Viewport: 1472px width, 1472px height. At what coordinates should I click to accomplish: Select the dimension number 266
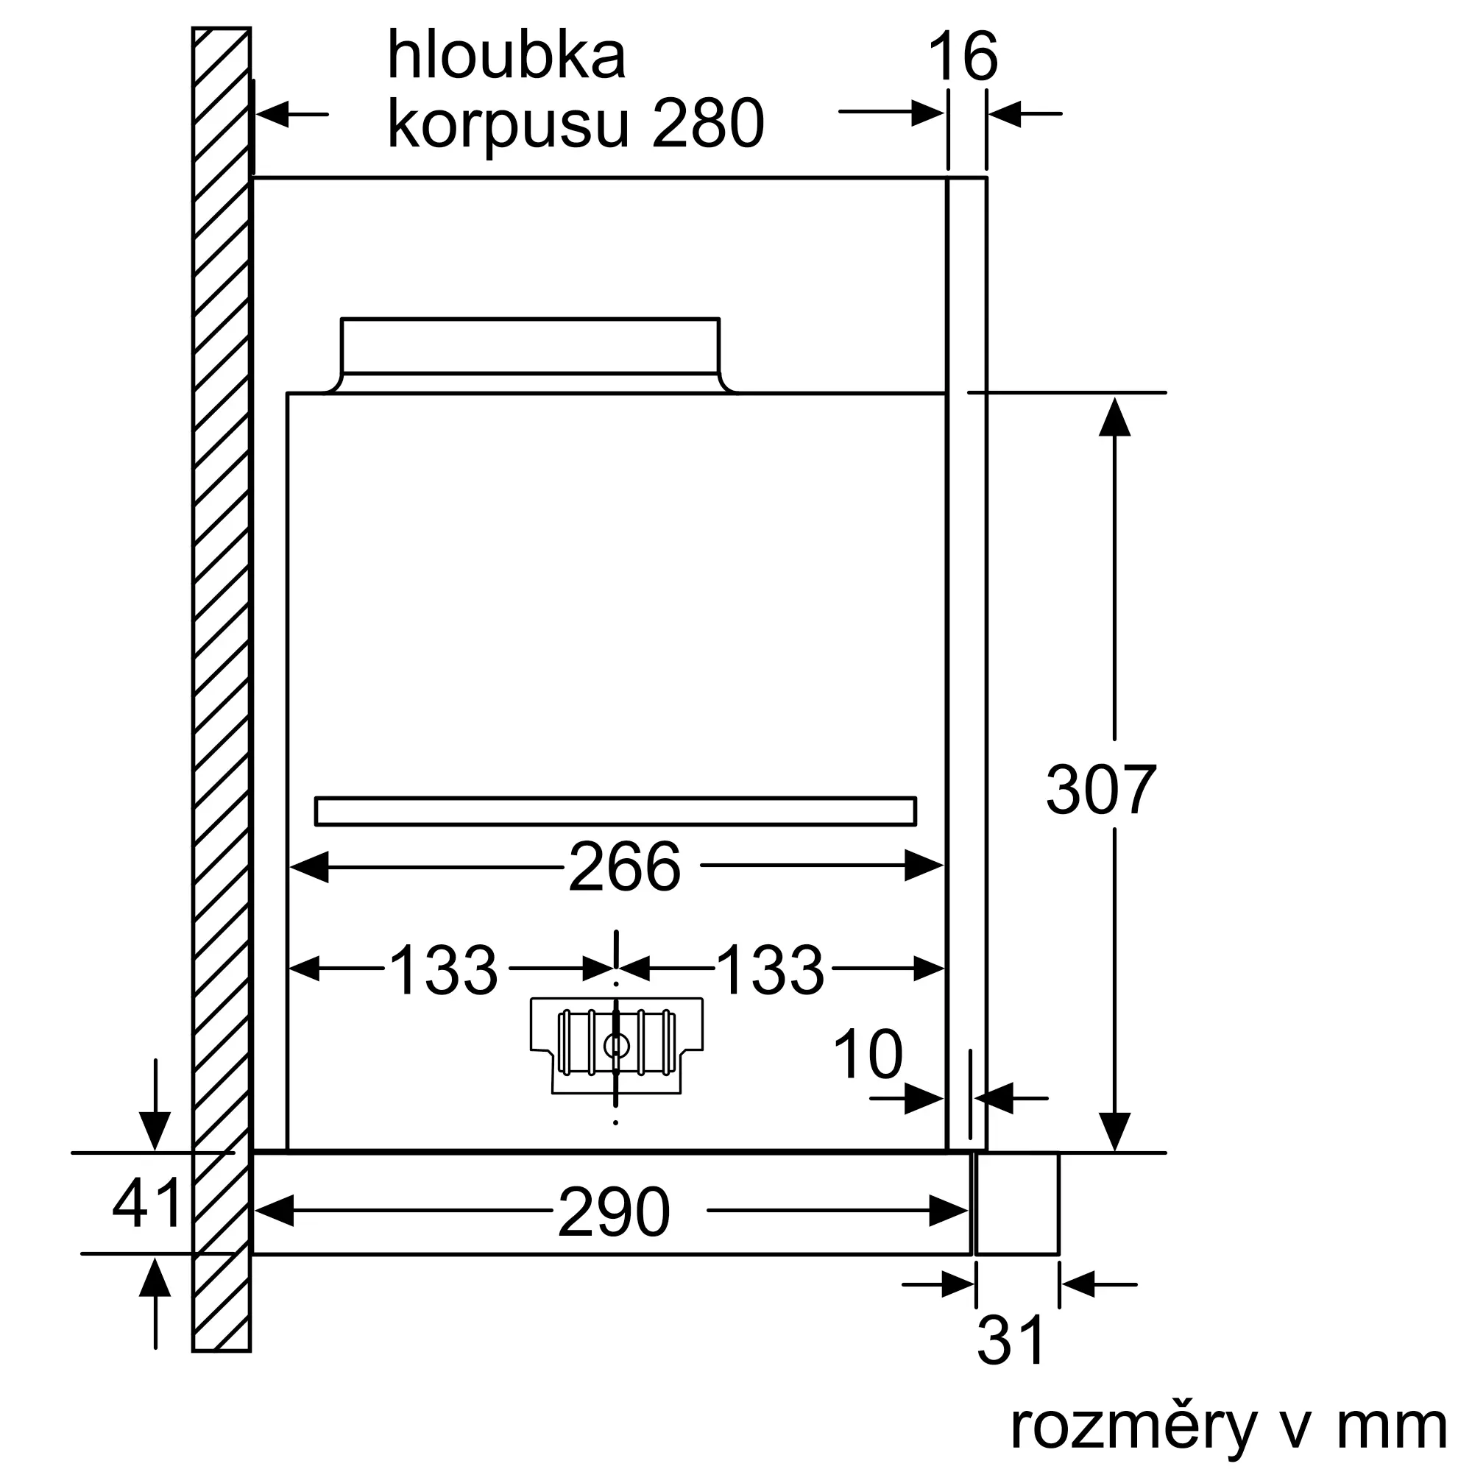[624, 867]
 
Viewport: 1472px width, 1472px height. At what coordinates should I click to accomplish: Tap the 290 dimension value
[614, 1212]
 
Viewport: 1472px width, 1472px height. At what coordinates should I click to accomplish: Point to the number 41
[147, 1203]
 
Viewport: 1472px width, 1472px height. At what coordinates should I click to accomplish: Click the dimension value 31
[1011, 1341]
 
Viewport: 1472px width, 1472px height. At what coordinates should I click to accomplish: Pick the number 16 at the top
[963, 57]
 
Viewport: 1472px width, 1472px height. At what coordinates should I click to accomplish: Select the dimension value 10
[868, 1055]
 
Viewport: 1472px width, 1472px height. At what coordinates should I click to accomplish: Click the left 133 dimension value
[443, 970]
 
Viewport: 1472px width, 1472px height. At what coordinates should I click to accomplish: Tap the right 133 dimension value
[771, 970]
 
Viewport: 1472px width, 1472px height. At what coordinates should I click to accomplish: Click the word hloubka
[506, 56]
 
